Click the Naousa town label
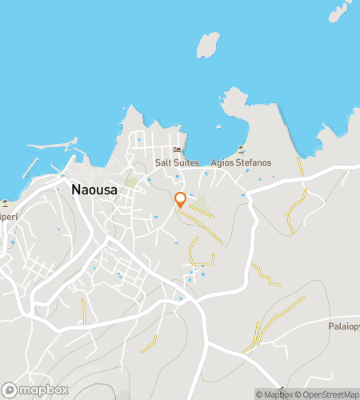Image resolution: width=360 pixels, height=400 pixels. coord(97,190)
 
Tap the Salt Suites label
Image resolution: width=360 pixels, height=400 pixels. coord(177,162)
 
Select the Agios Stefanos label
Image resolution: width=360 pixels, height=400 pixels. coord(241,162)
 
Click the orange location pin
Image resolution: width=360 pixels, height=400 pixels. coord(181,200)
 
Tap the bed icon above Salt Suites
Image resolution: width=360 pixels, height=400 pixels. coord(178,151)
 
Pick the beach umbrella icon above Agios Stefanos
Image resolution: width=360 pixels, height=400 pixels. coord(241,150)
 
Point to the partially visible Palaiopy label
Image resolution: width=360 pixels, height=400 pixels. coord(343,326)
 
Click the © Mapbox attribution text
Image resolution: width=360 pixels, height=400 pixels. coord(274,394)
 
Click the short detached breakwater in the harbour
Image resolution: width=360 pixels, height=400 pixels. coord(32,169)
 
